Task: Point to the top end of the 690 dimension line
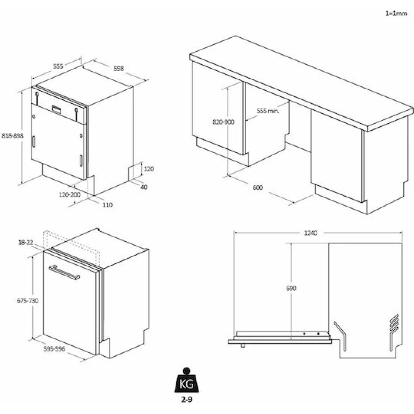(x=291, y=243)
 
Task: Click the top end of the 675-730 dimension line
(x=33, y=257)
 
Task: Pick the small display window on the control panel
(x=57, y=109)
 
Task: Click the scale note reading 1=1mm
(x=396, y=13)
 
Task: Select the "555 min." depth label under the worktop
(x=268, y=111)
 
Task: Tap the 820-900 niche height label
(x=223, y=122)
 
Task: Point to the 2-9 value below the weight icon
(x=187, y=400)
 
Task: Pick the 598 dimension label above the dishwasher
(x=119, y=68)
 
